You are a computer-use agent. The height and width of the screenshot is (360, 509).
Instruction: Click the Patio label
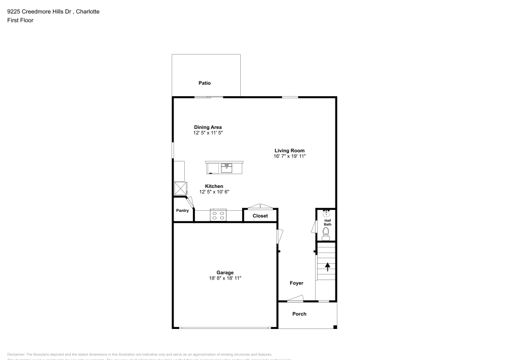tap(205, 83)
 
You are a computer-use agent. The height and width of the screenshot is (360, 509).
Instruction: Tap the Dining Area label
tap(208, 127)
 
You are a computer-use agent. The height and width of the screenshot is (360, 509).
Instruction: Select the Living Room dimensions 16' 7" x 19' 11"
tap(290, 156)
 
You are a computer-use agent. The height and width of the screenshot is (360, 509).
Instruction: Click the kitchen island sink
tap(227, 167)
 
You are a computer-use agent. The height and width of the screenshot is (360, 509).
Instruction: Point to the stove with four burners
tap(218, 215)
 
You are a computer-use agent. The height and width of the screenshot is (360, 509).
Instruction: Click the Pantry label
tap(182, 210)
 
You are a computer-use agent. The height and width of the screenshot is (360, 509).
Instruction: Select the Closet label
tap(260, 216)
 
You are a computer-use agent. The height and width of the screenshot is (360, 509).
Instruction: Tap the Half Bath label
tap(328, 223)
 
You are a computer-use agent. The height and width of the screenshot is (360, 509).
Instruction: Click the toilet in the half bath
tap(326, 234)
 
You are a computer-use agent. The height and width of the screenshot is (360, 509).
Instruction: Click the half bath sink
tap(326, 214)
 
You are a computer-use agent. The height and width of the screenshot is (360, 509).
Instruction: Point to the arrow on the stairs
tap(327, 265)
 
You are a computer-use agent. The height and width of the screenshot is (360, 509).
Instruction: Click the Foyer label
tap(297, 283)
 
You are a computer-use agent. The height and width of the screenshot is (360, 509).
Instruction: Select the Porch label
tap(299, 314)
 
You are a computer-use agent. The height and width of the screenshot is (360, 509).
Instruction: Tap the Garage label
tap(224, 272)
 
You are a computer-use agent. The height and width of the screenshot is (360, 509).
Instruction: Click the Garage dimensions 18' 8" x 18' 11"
tap(224, 278)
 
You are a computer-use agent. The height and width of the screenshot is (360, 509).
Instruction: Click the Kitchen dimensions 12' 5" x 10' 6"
tap(214, 192)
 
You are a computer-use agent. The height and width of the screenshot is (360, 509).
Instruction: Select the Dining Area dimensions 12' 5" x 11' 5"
tap(208, 133)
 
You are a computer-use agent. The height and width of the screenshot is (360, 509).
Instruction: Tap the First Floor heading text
tap(20, 20)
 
